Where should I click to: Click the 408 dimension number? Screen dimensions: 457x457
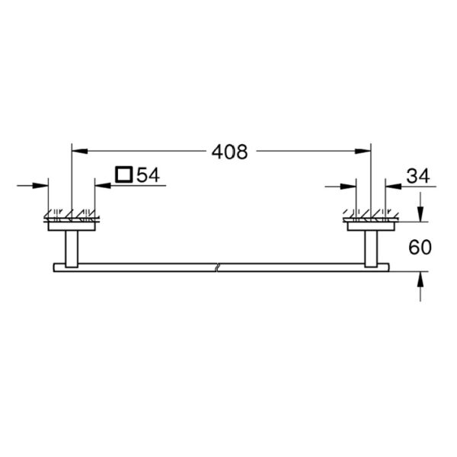[x=230, y=152]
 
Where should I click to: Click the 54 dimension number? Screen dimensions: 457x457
[x=148, y=175]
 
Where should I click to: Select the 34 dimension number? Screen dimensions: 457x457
[x=418, y=176]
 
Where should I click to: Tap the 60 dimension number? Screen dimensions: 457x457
[x=420, y=248]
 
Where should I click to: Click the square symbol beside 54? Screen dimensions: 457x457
[x=124, y=174]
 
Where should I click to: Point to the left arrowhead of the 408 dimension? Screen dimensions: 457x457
[x=79, y=151]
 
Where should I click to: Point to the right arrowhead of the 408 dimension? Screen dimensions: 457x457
[x=363, y=152]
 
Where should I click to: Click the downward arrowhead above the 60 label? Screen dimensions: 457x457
[x=420, y=213]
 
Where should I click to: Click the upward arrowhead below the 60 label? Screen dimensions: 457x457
[x=420, y=280]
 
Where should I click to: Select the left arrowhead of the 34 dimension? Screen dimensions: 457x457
[x=348, y=187]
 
